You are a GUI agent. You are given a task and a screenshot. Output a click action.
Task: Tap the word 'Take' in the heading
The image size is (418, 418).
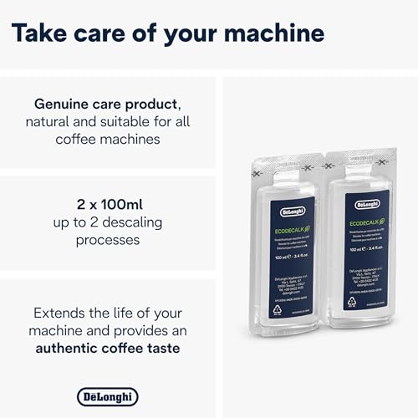pos(41,33)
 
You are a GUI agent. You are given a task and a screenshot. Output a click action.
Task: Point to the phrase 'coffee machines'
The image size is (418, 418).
pos(107,140)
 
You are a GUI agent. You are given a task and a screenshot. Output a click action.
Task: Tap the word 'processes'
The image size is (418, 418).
pos(107,240)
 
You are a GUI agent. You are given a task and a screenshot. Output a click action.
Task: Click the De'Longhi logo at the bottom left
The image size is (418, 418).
pos(107,396)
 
